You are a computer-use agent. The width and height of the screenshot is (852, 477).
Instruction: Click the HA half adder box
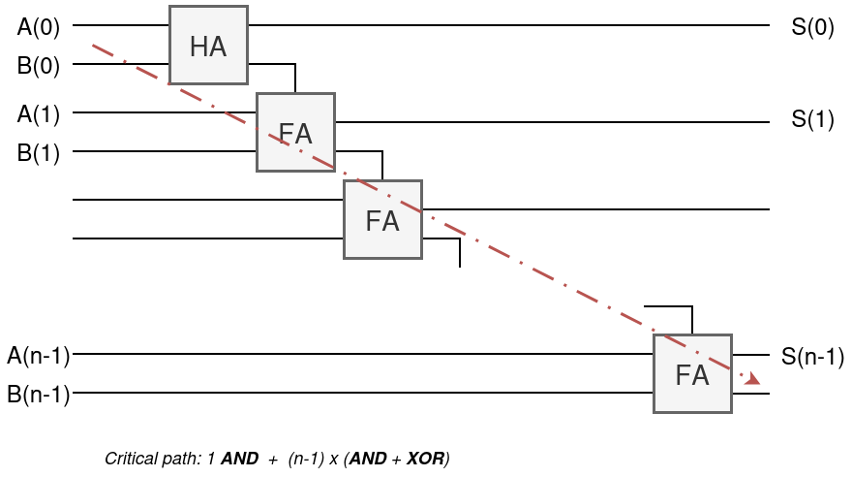point(209,46)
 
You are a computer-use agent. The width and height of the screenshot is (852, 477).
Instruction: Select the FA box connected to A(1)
point(295,133)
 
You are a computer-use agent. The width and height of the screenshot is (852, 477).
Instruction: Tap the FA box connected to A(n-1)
point(693,374)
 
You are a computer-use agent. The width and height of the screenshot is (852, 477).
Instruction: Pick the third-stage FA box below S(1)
point(383,220)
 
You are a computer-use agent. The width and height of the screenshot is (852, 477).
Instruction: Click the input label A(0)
point(38,26)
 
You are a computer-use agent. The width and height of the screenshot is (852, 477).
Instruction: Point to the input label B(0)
point(38,66)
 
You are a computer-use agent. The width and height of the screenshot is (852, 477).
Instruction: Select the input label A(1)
point(38,114)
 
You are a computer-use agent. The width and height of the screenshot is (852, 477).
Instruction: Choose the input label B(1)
point(38,153)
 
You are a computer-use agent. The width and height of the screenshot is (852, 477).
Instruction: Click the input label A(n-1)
point(39,356)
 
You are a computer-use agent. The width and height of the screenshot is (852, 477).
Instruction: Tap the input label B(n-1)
point(39,395)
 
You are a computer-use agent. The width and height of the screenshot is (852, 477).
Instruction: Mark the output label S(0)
point(812,26)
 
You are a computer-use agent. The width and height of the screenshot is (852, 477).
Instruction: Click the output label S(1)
point(812,119)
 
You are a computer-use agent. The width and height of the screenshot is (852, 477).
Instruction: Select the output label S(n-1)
point(812,357)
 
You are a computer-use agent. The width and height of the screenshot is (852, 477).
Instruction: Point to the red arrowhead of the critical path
point(753,378)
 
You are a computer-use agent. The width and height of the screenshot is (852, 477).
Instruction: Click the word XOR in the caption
point(425,459)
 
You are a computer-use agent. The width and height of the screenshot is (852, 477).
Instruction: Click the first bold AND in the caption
point(240,459)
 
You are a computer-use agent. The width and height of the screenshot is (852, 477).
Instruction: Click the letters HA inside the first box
point(208,47)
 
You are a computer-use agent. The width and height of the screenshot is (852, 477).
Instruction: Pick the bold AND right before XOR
point(368,459)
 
